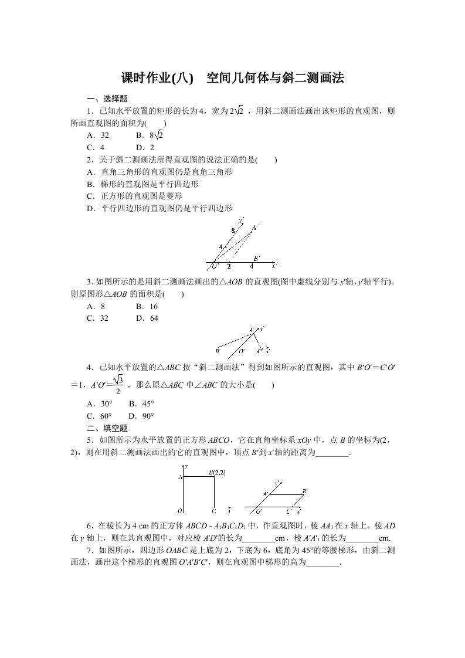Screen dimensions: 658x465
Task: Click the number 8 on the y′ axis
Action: [x=233, y=230]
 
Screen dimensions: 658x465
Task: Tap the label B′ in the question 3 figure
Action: [x=257, y=259]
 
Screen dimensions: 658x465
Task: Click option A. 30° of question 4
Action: [x=99, y=403]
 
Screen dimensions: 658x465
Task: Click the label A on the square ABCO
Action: [x=180, y=477]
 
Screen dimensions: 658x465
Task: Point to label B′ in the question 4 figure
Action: [x=218, y=351]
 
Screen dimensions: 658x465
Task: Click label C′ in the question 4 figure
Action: [x=260, y=351]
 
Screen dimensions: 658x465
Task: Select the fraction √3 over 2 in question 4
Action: [x=118, y=385]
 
